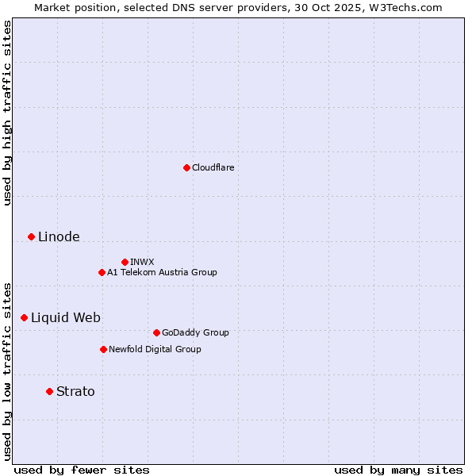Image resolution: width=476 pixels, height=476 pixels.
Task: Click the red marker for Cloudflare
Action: pos(186,167)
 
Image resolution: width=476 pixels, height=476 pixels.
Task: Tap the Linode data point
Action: pos(31,236)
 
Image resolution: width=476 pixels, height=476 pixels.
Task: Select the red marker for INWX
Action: pos(125,262)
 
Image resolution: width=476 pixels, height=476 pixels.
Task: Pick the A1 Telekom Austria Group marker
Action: pos(102,272)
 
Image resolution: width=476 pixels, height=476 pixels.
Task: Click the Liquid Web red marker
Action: pos(24,317)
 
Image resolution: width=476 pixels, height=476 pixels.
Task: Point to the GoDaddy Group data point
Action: pos(156,332)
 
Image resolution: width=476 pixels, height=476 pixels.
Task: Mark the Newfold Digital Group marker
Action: pos(103,349)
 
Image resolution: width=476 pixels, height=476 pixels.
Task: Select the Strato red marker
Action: pos(49,391)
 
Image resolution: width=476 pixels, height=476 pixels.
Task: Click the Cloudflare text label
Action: pos(213,167)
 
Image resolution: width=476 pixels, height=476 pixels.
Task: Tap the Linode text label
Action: pos(59,236)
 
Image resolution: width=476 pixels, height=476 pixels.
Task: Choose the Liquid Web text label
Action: pos(66,317)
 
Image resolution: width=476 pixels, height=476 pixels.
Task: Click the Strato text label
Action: pos(75,391)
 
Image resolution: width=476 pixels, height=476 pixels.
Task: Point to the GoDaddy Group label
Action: pos(195,332)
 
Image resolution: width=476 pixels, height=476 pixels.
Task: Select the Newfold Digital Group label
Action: pos(155,349)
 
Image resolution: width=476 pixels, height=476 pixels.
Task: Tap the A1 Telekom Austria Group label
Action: pos(162,272)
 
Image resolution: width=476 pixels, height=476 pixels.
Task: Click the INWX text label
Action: pos(142,262)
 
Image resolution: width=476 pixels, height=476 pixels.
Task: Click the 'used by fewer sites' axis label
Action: pos(82,470)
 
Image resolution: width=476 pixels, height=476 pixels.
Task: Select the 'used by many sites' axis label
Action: pos(398,470)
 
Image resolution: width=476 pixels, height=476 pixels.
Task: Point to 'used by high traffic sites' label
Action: pos(7,113)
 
